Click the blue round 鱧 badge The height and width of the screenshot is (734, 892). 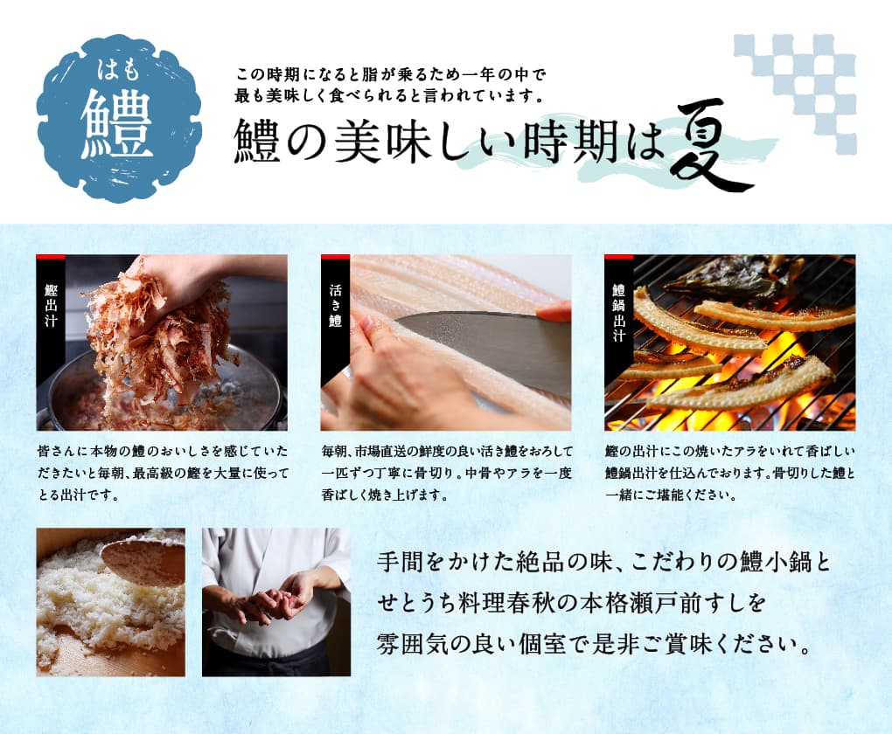pos(118,118)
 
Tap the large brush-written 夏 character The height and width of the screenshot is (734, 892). pos(710,146)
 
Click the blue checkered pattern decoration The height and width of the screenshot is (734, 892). pos(795,93)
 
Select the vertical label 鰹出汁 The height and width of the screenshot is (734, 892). pos(51,305)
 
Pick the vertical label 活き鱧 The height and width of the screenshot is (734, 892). pos(335,305)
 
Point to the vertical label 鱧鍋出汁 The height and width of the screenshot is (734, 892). pos(619,313)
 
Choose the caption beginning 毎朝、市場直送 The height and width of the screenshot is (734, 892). pos(447,473)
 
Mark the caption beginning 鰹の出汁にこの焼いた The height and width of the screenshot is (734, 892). pos(730,473)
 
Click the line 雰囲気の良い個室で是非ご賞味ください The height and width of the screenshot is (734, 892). pos(593,644)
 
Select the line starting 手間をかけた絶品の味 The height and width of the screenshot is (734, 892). pos(603,563)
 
